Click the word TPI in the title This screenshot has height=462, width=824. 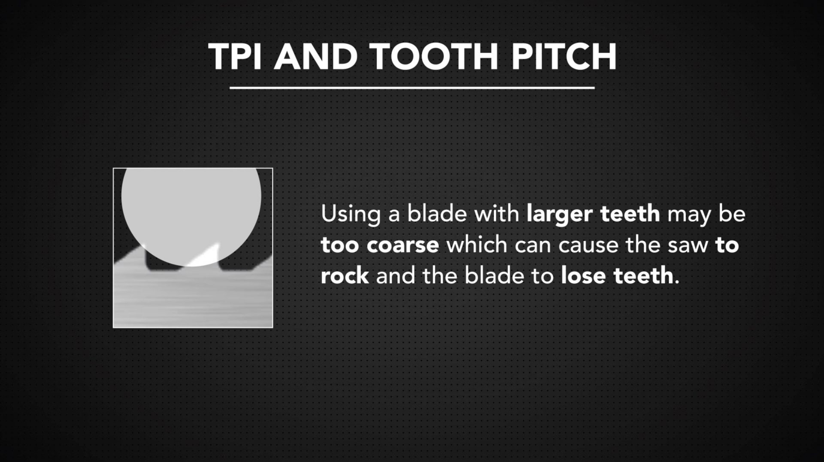(235, 57)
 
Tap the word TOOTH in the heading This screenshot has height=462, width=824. (433, 57)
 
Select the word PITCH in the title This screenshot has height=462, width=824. (564, 57)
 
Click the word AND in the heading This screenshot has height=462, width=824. (315, 57)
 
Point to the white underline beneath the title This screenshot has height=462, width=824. (412, 88)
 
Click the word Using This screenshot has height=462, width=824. (350, 214)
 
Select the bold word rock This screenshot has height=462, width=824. (345, 275)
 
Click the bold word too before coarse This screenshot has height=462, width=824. (339, 245)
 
